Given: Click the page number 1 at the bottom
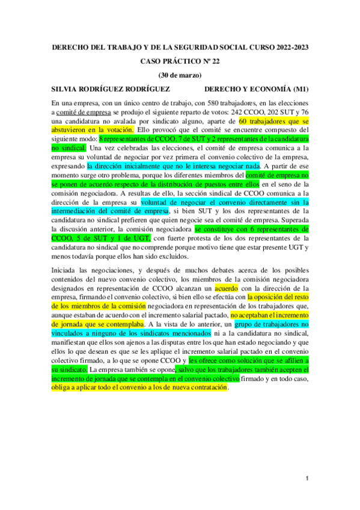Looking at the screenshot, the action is click(307, 479).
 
